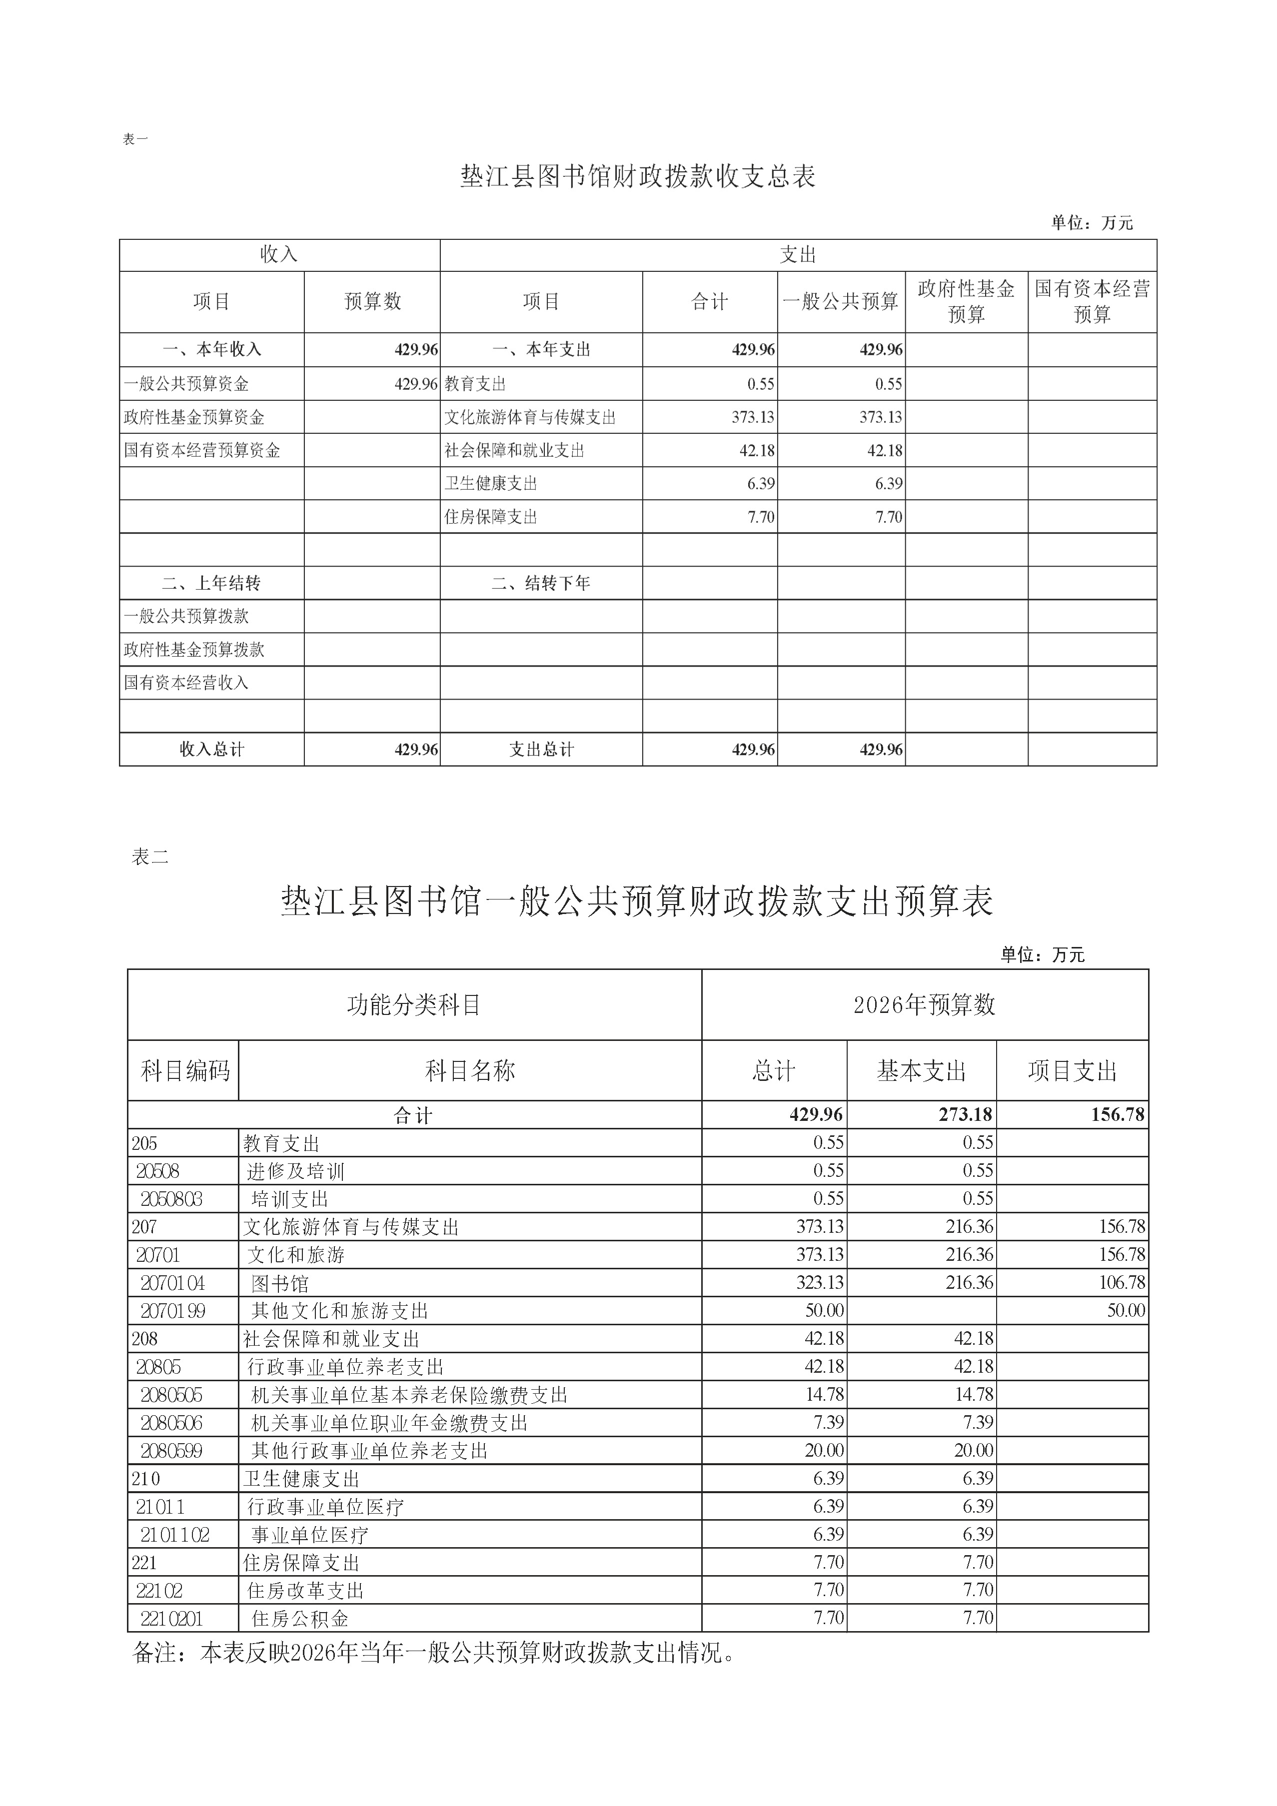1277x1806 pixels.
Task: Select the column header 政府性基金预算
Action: (966, 301)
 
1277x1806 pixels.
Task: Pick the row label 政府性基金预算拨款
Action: (193, 650)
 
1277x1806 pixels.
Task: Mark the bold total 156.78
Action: (1117, 1114)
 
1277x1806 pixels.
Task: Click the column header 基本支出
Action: (921, 1070)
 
